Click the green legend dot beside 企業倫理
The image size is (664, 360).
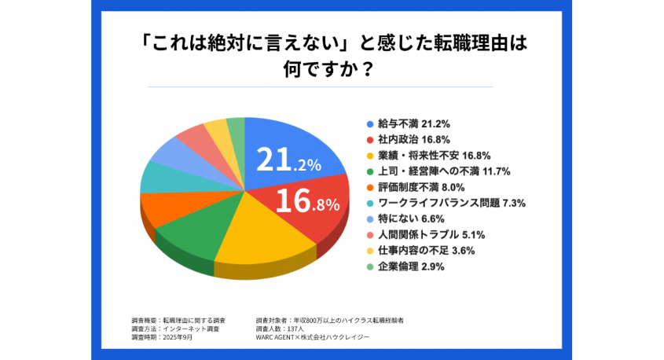tap(370, 266)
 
